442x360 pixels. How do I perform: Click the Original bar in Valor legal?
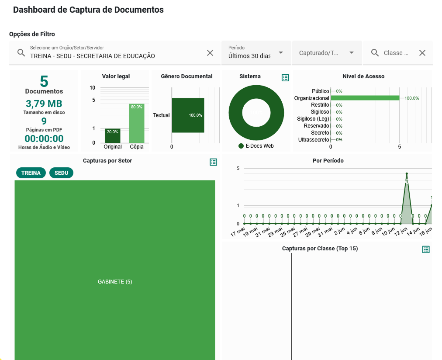click(x=112, y=136)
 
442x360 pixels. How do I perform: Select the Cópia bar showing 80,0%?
click(x=136, y=124)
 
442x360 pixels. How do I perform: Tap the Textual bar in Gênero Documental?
click(x=188, y=115)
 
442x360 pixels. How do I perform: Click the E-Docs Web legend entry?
click(x=256, y=146)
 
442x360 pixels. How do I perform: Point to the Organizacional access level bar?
click(x=365, y=98)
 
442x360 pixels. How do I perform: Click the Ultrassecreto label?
click(x=313, y=140)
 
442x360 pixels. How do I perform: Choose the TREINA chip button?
click(x=31, y=173)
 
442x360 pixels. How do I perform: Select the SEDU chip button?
click(x=62, y=173)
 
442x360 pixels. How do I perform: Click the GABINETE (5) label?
click(x=115, y=282)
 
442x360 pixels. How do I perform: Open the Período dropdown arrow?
click(x=281, y=53)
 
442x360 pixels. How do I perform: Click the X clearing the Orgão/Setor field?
click(x=210, y=53)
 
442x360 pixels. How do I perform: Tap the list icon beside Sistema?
click(x=285, y=78)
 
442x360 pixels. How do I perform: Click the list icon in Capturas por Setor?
click(x=213, y=162)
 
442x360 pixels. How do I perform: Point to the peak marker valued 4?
click(x=407, y=174)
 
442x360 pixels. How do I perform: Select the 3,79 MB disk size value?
click(x=44, y=104)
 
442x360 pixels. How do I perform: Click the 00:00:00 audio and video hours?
click(x=44, y=139)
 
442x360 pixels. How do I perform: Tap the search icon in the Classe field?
click(x=375, y=53)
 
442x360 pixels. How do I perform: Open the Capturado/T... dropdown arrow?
click(x=352, y=53)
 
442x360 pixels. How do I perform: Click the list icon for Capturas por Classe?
click(x=426, y=249)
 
